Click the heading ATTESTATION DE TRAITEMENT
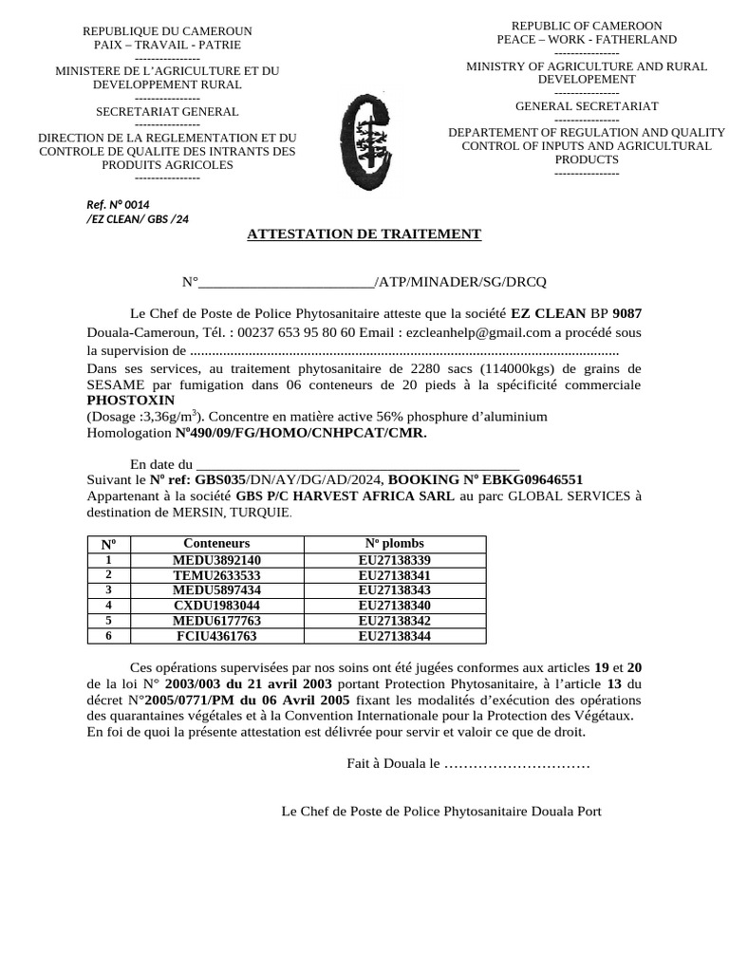pyautogui.click(x=364, y=234)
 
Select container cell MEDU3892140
pyautogui.click(x=216, y=560)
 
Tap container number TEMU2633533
pyautogui.click(x=216, y=575)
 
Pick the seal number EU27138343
pyautogui.click(x=395, y=589)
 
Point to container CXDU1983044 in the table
pyautogui.click(x=216, y=605)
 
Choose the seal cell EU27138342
pyautogui.click(x=395, y=620)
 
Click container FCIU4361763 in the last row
pyautogui.click(x=216, y=635)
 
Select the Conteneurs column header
pyautogui.click(x=216, y=543)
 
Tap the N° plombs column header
pyautogui.click(x=395, y=543)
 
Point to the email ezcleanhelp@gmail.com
pyautogui.click(x=477, y=332)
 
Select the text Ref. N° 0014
pyautogui.click(x=119, y=204)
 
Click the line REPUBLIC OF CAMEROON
pyautogui.click(x=587, y=26)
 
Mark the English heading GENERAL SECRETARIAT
pyautogui.click(x=587, y=106)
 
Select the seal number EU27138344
pyautogui.click(x=395, y=635)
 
